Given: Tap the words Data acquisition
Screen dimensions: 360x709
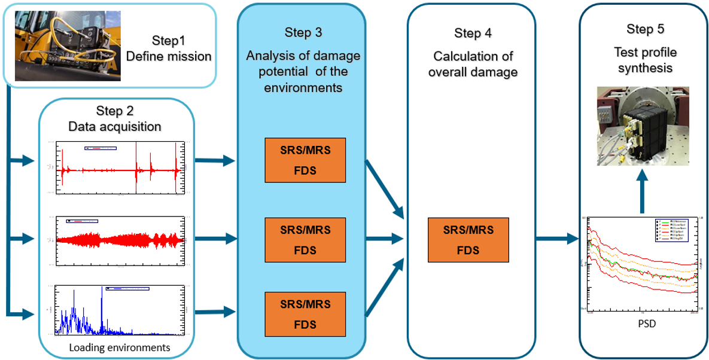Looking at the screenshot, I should point(114,126).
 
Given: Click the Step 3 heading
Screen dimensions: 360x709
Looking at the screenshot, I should point(303,33).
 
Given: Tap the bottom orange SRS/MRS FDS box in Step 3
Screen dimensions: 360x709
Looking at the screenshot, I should point(305,314).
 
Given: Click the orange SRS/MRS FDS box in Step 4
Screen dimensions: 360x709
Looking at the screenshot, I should point(468,240).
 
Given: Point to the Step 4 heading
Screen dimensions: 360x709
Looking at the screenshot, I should point(473,33).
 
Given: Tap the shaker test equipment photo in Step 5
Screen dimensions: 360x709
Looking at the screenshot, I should point(643,126).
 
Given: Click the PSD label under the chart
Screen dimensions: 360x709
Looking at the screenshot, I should point(643,325).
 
